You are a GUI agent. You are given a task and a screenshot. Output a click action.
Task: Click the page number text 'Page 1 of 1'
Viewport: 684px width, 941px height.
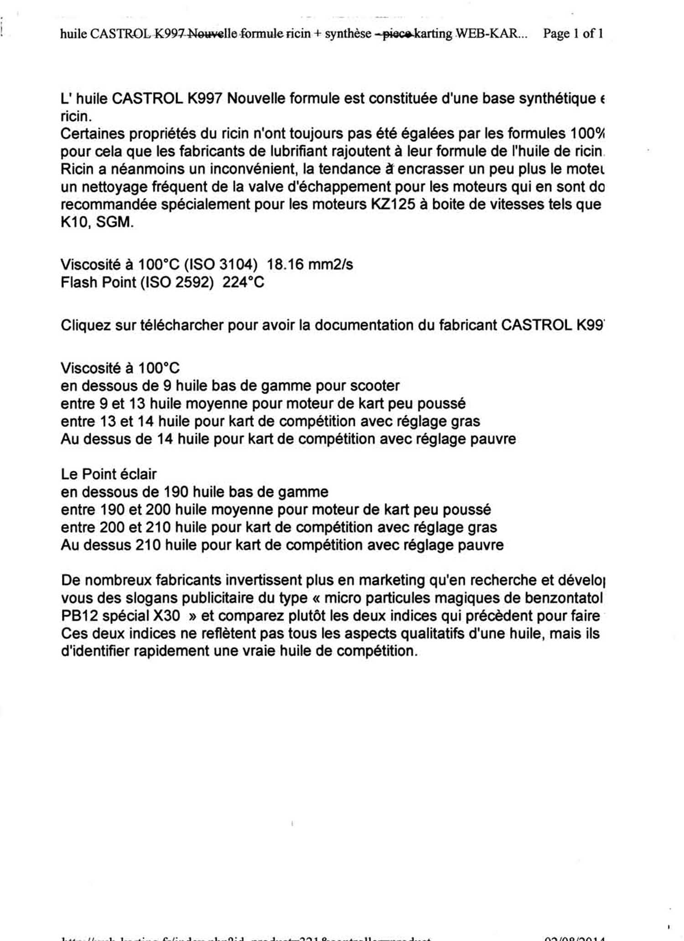[x=573, y=33]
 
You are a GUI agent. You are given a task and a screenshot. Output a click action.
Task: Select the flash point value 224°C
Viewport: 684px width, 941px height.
[x=243, y=283]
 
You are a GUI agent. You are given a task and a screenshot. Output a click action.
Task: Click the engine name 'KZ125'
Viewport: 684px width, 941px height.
[x=393, y=205]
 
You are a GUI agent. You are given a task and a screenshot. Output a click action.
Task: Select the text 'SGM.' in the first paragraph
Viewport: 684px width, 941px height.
[x=115, y=222]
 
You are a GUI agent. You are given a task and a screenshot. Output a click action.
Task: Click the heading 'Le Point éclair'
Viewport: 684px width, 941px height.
[x=109, y=475]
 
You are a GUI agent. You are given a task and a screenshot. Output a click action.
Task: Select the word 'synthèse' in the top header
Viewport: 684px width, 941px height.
[x=348, y=33]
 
